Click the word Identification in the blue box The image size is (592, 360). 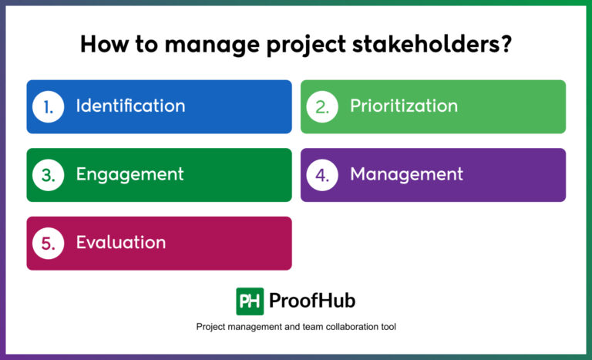(x=130, y=106)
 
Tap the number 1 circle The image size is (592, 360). (x=48, y=106)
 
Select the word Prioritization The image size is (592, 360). (x=404, y=106)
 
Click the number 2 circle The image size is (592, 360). (x=322, y=106)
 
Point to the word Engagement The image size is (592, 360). (x=129, y=175)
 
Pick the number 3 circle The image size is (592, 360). (x=48, y=175)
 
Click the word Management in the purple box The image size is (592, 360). (x=406, y=175)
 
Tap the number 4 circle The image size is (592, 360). (x=322, y=175)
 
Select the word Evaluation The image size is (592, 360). (x=120, y=243)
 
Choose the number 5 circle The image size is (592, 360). (x=48, y=243)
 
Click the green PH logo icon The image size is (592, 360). (x=250, y=301)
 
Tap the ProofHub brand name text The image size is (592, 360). (x=312, y=301)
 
